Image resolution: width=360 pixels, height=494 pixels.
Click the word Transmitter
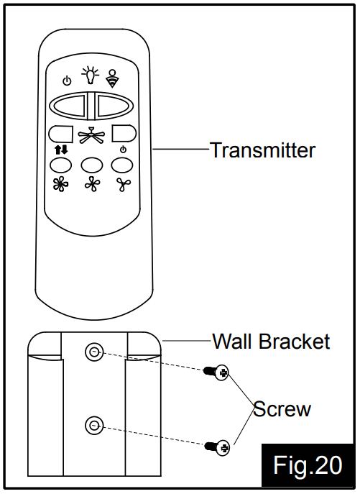(262, 150)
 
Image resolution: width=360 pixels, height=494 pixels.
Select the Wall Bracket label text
(271, 340)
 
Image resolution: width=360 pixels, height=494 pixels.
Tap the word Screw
(282, 409)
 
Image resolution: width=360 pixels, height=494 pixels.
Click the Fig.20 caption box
(307, 465)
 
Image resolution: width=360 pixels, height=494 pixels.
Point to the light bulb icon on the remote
(91, 75)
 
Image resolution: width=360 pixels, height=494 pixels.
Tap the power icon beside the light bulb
(67, 80)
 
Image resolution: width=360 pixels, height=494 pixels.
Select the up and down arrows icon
(60, 150)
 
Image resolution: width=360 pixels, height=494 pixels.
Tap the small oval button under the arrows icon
(60, 165)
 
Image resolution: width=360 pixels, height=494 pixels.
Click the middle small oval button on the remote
(91, 165)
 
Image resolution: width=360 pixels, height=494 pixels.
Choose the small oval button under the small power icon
(122, 165)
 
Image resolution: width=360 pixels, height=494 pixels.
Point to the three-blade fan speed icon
(124, 186)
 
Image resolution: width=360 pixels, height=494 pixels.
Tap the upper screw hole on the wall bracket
(93, 352)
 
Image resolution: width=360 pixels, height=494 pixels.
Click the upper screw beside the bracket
(216, 372)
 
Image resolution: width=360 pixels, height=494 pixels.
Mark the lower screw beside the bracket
(216, 447)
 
